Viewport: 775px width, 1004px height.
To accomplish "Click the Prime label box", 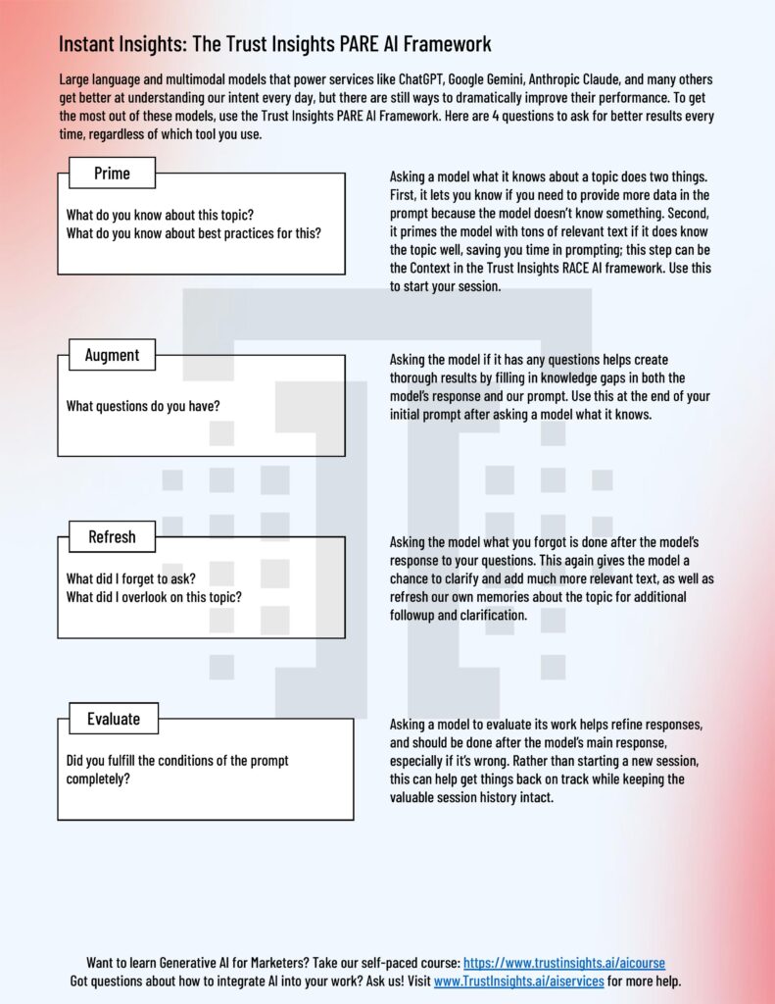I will (x=112, y=174).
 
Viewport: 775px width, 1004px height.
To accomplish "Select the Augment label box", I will (x=112, y=355).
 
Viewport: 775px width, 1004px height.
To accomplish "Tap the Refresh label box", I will (x=112, y=536).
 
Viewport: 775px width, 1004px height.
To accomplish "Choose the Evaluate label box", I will (x=113, y=719).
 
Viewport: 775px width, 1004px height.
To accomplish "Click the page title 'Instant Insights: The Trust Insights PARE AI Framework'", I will (x=274, y=44).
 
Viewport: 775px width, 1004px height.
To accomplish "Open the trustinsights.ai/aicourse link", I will (x=563, y=963).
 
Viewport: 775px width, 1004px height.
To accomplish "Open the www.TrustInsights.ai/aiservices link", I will (x=518, y=980).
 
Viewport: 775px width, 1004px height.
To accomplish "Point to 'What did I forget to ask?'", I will (x=131, y=578).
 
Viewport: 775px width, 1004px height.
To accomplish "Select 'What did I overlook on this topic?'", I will (x=154, y=597).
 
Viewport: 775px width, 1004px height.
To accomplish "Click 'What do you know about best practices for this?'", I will (x=193, y=232).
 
